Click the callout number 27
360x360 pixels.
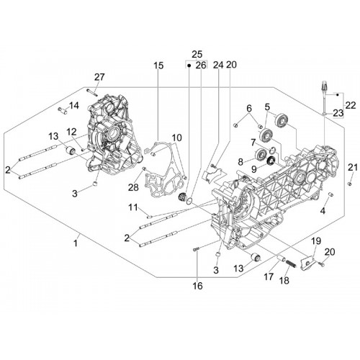(99, 77)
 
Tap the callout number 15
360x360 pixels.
(158, 66)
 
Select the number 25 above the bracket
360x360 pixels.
(197, 54)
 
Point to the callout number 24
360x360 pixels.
(218, 65)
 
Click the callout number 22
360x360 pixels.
(351, 105)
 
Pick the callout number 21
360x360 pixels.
(353, 167)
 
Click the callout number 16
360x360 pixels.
(198, 286)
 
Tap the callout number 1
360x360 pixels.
(76, 243)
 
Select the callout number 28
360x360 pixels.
(133, 187)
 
